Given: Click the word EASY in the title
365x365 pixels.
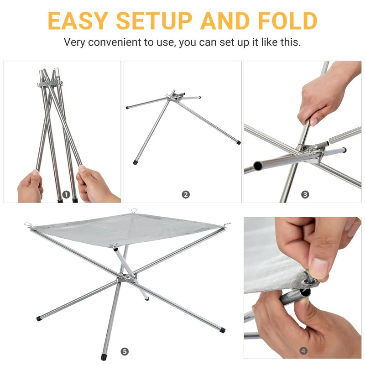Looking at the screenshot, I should coord(78,21).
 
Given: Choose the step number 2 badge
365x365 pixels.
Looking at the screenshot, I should coord(186,194).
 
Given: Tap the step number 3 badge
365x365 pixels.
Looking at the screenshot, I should coord(305,194).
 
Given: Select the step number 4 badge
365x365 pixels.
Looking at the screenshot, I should coord(303,350).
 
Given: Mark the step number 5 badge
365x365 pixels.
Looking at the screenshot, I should coord(125,351).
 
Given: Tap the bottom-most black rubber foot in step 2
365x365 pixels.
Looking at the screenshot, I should coord(136,162).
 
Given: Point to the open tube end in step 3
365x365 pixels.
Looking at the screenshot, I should coord(258,166).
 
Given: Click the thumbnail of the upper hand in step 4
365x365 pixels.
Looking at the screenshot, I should coord(319,269).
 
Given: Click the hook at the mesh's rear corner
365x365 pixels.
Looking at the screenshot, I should coord(134,211).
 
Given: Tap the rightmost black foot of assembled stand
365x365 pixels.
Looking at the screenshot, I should coord(222,329).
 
